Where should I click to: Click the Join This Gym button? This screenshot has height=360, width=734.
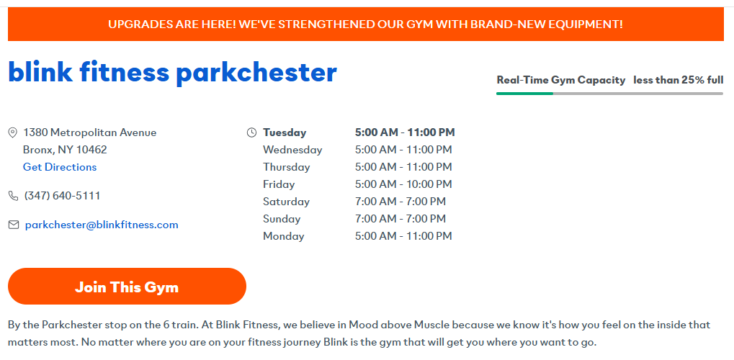pyautogui.click(x=127, y=287)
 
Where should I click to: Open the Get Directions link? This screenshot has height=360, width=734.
pyautogui.click(x=60, y=167)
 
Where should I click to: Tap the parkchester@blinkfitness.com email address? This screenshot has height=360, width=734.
pyautogui.click(x=102, y=225)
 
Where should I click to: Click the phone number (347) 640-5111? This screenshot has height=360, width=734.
pyautogui.click(x=62, y=196)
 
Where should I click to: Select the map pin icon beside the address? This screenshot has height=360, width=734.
pyautogui.click(x=13, y=133)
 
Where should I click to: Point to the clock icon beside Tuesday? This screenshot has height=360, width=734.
pyautogui.click(x=251, y=132)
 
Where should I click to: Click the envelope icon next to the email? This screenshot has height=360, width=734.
pyautogui.click(x=14, y=225)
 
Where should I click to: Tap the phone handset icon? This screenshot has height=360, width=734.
pyautogui.click(x=14, y=196)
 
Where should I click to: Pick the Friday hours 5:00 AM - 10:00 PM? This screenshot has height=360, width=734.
pyautogui.click(x=403, y=184)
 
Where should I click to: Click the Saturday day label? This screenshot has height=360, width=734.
pyautogui.click(x=287, y=202)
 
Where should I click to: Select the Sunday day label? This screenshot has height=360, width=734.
pyautogui.click(x=282, y=219)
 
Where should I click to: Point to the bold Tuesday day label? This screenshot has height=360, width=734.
pyautogui.click(x=285, y=132)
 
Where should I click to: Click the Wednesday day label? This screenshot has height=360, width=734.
pyautogui.click(x=292, y=150)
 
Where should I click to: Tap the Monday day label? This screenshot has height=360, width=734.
pyautogui.click(x=284, y=236)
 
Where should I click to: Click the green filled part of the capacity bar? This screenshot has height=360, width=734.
pyautogui.click(x=525, y=94)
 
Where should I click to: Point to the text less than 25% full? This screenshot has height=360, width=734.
pyautogui.click(x=679, y=80)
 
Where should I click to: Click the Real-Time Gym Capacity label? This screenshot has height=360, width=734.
pyautogui.click(x=561, y=80)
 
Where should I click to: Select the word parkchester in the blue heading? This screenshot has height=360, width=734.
pyautogui.click(x=256, y=73)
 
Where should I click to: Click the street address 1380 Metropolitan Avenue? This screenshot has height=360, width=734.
pyautogui.click(x=90, y=132)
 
